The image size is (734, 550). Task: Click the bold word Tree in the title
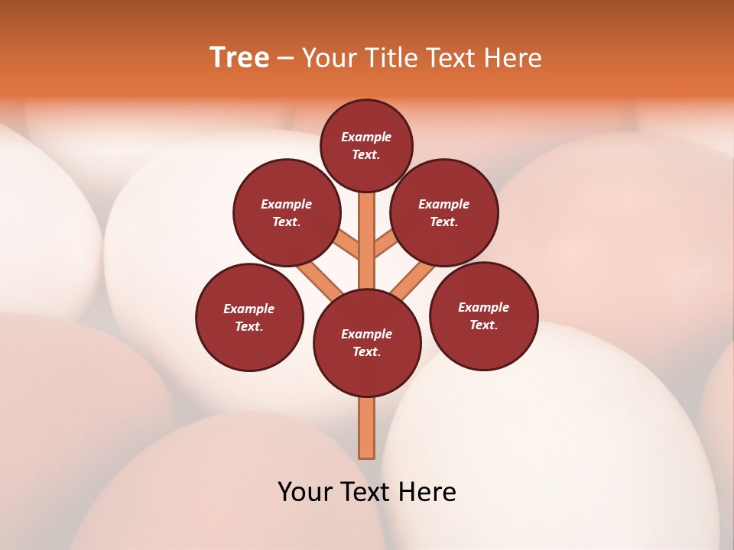(239, 57)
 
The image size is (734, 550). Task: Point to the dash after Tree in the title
(285, 59)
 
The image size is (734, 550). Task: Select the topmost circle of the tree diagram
(366, 145)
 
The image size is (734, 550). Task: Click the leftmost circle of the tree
(249, 317)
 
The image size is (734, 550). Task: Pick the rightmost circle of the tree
(483, 315)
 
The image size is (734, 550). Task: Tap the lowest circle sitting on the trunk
(367, 343)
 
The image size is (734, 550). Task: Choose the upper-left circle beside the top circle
(286, 212)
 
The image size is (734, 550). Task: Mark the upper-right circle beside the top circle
(443, 212)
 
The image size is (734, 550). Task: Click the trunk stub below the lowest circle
(367, 428)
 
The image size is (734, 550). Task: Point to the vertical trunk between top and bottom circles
(367, 244)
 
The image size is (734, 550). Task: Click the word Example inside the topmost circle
(366, 137)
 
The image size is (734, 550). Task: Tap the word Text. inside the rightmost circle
(483, 325)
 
